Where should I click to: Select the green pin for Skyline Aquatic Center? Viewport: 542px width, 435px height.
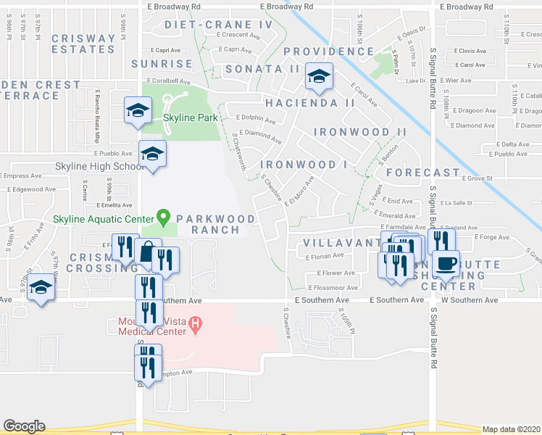(x=164, y=217)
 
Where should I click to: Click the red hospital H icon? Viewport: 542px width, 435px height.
(x=194, y=324)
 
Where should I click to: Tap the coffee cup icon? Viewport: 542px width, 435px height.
(x=445, y=262)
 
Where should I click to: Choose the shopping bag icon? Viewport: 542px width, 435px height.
(x=148, y=253)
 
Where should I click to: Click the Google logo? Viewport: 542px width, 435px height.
(x=24, y=426)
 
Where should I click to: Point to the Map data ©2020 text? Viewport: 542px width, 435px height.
(x=511, y=429)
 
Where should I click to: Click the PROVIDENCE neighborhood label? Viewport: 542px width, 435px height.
(x=328, y=51)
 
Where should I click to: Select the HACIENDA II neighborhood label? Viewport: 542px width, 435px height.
(x=309, y=103)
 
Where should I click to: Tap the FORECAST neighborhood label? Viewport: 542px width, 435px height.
(x=423, y=173)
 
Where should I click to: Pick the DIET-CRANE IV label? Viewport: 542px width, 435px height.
(x=218, y=25)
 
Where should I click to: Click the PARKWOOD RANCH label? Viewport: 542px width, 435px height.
(x=215, y=224)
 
